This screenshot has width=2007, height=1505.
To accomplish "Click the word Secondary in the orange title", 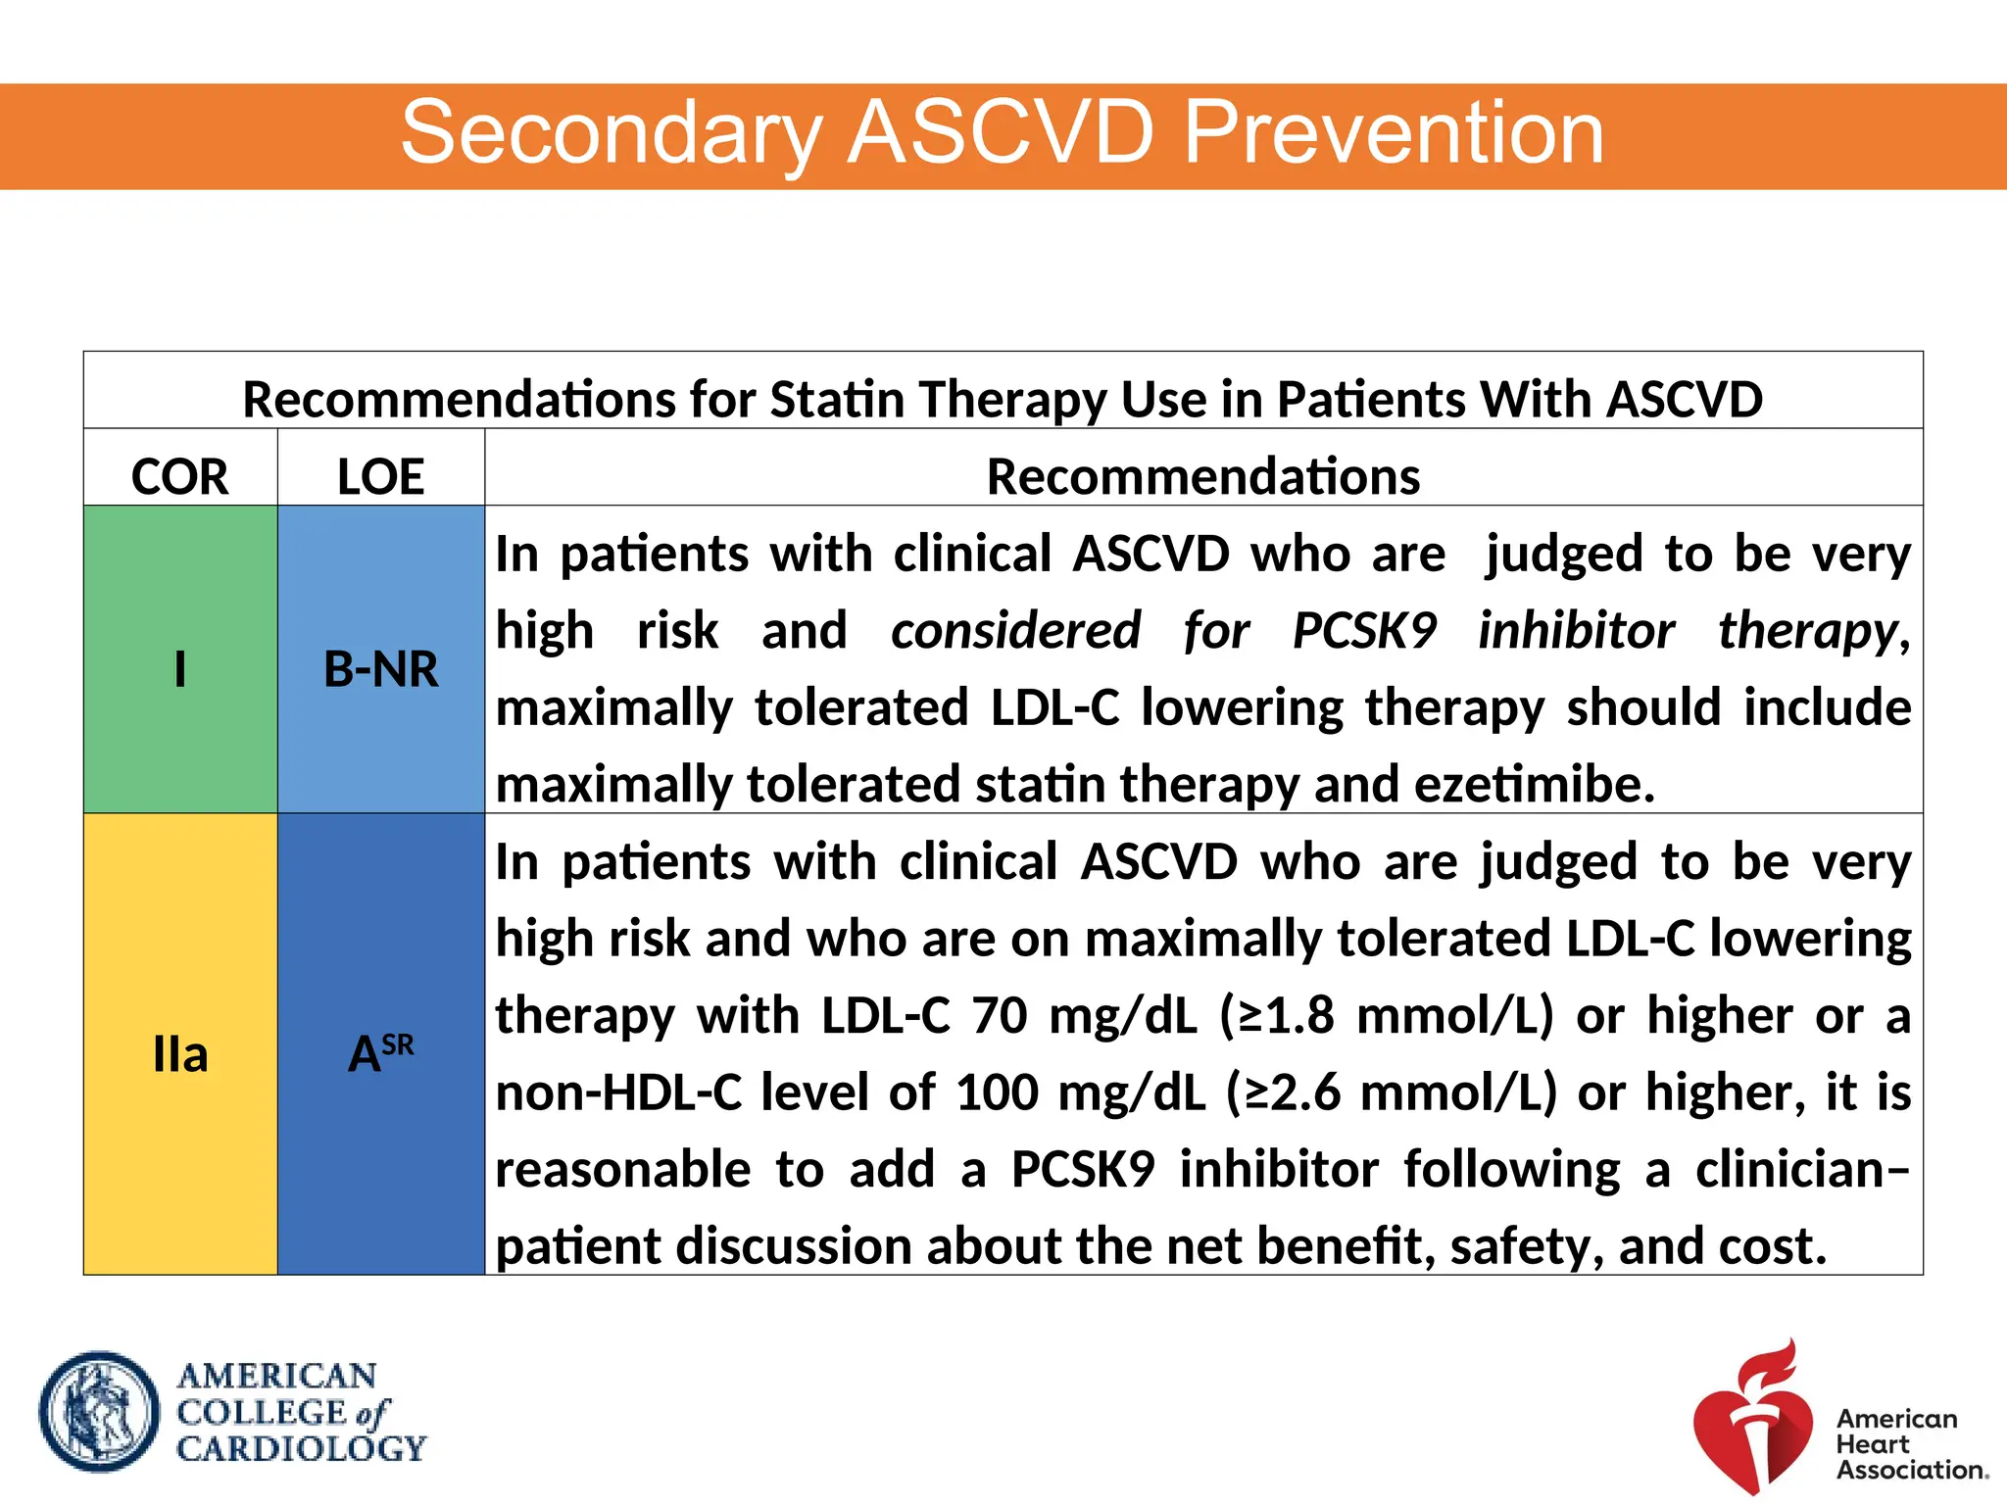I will tap(612, 133).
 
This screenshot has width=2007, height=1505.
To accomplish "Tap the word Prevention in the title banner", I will tap(1394, 133).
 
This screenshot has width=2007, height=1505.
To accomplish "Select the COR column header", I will tap(180, 477).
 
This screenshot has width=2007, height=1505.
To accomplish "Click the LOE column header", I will tap(380, 477).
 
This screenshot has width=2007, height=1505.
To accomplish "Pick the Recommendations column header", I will tap(1203, 477).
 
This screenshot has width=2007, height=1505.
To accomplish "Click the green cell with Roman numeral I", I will tap(180, 669).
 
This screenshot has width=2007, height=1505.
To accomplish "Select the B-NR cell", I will tap(380, 669).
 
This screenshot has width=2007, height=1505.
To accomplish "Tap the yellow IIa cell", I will tap(180, 1055).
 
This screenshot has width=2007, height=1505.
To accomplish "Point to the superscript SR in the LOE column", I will tap(398, 1044).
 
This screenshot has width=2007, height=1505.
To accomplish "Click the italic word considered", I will tap(1015, 631).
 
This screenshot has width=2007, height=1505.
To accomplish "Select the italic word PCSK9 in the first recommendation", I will tap(1364, 631).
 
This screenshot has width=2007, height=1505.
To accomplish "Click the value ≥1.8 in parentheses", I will tap(1286, 1015).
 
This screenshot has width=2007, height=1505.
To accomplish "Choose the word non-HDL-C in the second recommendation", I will tap(619, 1092).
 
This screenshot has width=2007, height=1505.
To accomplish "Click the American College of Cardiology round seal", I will tap(99, 1412).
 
